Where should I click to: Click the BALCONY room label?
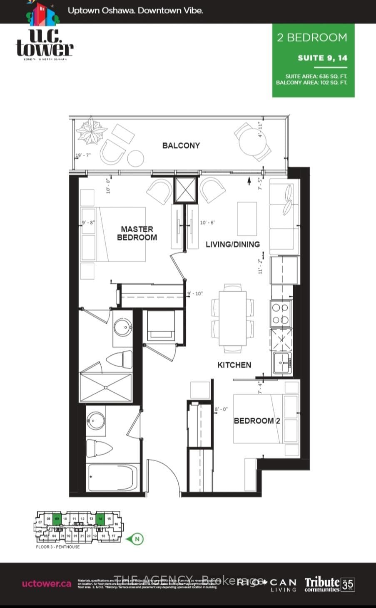[x=181, y=145]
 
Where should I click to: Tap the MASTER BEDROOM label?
[x=137, y=233]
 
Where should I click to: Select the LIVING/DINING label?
[x=233, y=244]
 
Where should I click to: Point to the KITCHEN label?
[x=234, y=365]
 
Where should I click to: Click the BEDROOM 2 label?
[x=256, y=421]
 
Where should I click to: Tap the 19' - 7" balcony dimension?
[x=83, y=155]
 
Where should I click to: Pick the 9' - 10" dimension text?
[x=195, y=294]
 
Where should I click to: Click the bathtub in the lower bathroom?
[x=113, y=478]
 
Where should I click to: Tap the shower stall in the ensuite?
[x=106, y=387]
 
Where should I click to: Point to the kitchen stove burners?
[x=280, y=314]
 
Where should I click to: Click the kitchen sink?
[x=283, y=362]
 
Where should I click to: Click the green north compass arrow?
[x=138, y=539]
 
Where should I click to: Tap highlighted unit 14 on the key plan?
[x=100, y=519]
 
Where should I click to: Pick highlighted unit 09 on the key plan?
[x=57, y=519]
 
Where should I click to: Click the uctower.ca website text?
[x=47, y=583]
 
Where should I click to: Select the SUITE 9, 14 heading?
[x=322, y=58]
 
